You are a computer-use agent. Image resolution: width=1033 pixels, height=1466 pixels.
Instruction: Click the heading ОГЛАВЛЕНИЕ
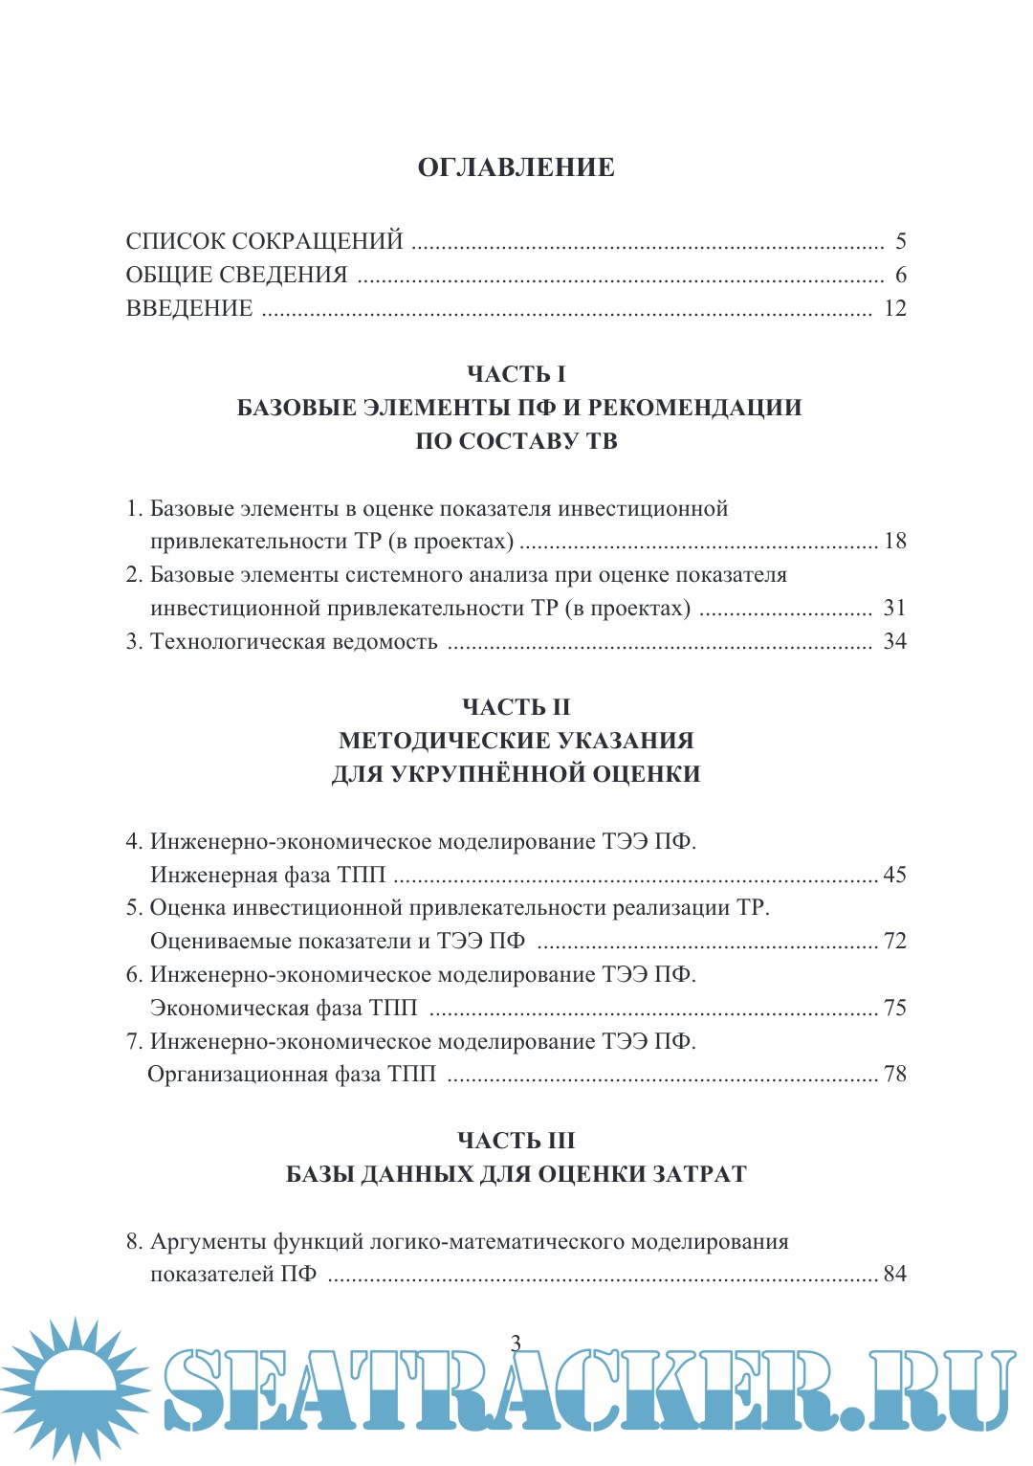516,167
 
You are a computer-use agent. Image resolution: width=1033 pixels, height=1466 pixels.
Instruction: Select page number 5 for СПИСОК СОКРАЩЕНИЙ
900,241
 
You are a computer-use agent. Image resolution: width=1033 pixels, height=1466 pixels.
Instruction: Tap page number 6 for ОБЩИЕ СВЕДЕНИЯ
900,275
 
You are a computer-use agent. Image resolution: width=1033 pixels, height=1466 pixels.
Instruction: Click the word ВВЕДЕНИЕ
189,308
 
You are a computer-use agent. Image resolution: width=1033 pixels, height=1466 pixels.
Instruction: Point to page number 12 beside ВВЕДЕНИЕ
894,308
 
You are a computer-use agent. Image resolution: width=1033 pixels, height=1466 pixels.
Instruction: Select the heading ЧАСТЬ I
516,374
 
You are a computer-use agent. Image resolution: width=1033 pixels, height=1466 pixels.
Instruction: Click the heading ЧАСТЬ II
516,707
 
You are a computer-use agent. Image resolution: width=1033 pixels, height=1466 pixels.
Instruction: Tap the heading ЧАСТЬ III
516,1141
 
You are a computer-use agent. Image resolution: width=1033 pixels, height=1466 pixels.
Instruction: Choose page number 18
894,541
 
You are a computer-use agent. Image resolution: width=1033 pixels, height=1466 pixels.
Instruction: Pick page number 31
894,608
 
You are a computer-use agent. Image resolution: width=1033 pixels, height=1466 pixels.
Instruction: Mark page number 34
894,641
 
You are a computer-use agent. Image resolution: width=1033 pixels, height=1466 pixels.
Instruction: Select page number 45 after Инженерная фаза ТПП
894,875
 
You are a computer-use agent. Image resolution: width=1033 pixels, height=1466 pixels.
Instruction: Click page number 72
894,941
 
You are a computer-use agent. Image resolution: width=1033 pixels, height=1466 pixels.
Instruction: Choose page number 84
894,1274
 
